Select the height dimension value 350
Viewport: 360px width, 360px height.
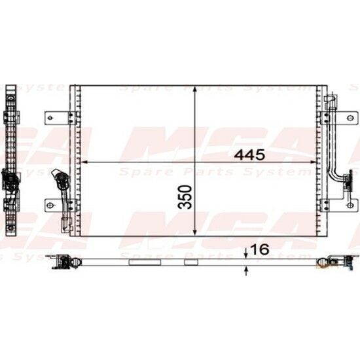tap(187, 196)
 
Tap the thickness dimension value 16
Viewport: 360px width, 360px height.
tap(259, 249)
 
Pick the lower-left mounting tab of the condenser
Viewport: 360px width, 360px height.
tap(56, 205)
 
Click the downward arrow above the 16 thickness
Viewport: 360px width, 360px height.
tap(245, 255)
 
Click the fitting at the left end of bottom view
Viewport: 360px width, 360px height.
tap(65, 261)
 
